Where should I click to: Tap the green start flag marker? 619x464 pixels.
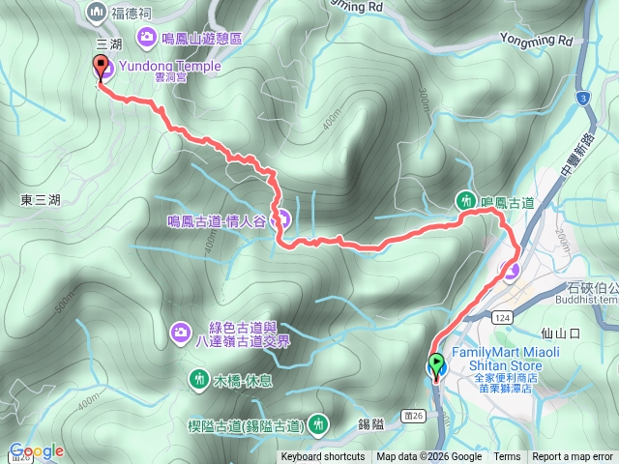(x=435, y=365)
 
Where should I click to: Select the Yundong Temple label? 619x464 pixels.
(x=164, y=67)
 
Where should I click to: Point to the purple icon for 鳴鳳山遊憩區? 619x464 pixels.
(x=147, y=38)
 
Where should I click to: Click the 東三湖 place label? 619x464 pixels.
(x=41, y=200)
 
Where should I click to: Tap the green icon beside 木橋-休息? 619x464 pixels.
(x=198, y=377)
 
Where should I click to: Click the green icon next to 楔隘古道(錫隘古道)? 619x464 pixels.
(x=317, y=423)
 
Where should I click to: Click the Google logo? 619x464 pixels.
(x=37, y=450)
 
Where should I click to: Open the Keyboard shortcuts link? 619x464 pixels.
(x=323, y=457)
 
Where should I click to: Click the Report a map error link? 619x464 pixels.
(x=574, y=457)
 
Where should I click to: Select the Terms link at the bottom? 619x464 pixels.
(x=507, y=457)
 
